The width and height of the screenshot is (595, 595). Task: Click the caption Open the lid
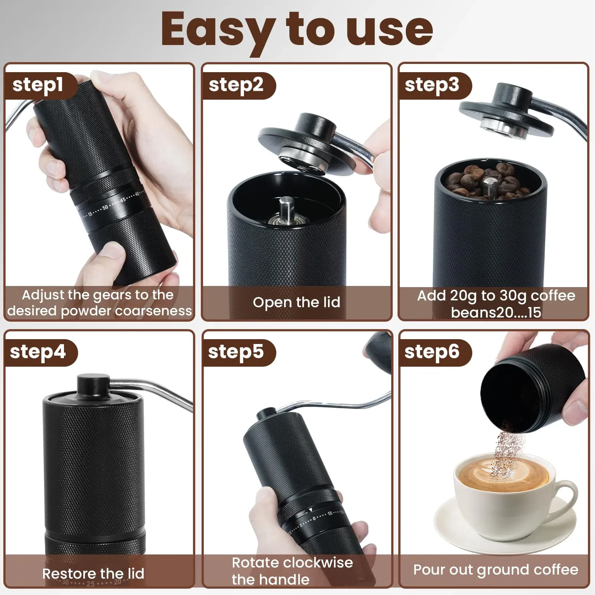pyautogui.click(x=297, y=302)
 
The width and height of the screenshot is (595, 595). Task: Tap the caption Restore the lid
pyautogui.click(x=93, y=573)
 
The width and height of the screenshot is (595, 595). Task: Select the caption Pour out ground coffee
pyautogui.click(x=496, y=570)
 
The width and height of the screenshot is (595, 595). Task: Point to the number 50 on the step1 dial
pyautogui.click(x=105, y=207)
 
